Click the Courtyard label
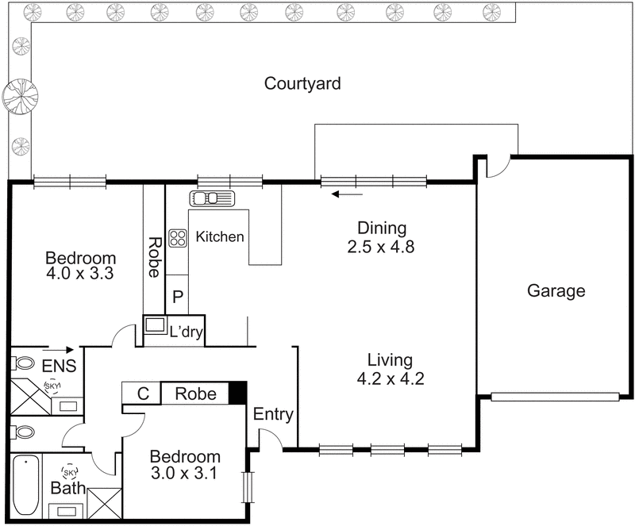click(302, 83)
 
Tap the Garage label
click(556, 290)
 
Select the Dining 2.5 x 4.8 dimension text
click(382, 247)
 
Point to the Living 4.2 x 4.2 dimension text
click(391, 378)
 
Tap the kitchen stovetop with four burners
click(177, 236)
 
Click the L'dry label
click(186, 332)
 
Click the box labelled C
click(142, 394)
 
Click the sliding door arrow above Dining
click(348, 193)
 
